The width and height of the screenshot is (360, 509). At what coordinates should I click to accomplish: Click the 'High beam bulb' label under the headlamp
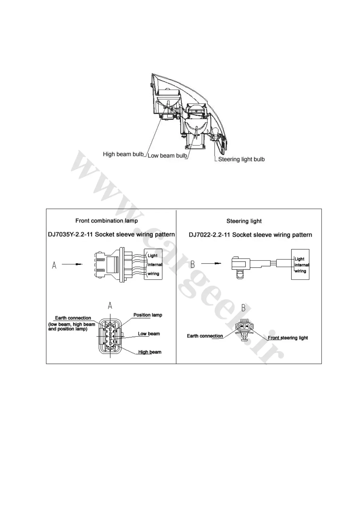pyautogui.click(x=123, y=154)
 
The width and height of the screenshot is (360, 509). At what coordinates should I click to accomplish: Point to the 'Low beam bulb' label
pyautogui.click(x=167, y=156)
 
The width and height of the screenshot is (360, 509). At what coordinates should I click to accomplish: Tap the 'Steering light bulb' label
pyautogui.click(x=241, y=159)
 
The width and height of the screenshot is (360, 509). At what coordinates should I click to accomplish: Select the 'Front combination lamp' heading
pyautogui.click(x=106, y=221)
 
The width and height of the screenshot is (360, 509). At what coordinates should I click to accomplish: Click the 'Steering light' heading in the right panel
pyautogui.click(x=244, y=221)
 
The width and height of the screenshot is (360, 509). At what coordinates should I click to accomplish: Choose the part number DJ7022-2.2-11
pyautogui.click(x=209, y=235)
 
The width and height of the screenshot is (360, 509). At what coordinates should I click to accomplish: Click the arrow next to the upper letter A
pyautogui.click(x=72, y=264)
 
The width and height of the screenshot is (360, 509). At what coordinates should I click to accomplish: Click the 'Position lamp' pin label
pyautogui.click(x=148, y=315)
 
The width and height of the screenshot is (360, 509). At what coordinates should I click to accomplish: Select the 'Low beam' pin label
pyautogui.click(x=149, y=334)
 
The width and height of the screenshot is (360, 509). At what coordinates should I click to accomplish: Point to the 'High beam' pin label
pyautogui.click(x=150, y=352)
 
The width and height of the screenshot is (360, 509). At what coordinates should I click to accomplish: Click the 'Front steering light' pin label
pyautogui.click(x=288, y=338)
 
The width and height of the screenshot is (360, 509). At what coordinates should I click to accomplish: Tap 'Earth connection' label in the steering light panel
pyautogui.click(x=205, y=336)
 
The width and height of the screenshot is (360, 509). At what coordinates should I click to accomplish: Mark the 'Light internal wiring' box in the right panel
pyautogui.click(x=300, y=265)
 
